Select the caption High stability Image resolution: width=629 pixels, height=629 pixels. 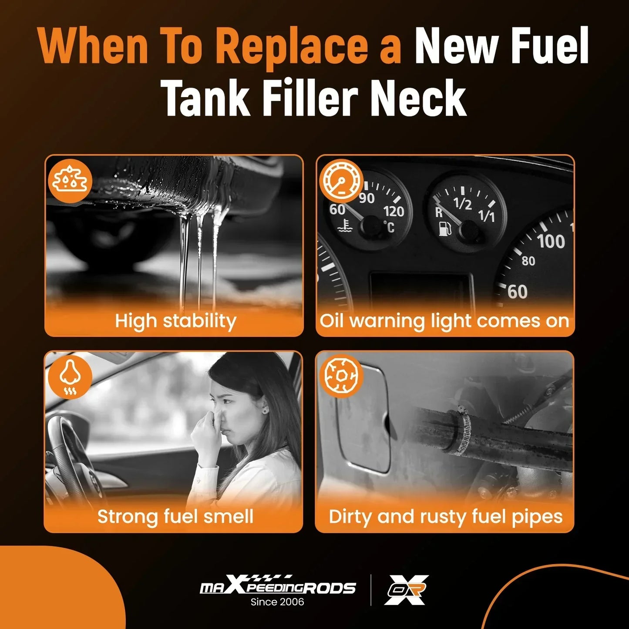tap(175, 321)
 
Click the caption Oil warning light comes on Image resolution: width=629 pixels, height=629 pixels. tap(444, 321)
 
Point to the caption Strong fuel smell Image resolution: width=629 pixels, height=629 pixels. tap(175, 517)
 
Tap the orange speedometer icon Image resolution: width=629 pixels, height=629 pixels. tap(341, 182)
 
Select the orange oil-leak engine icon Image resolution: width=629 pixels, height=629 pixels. tap(70, 181)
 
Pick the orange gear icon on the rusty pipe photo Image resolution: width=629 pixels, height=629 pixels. tap(341, 376)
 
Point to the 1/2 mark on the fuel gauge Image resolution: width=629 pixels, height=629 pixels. tap(463, 203)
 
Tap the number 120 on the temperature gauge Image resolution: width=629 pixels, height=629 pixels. tap(394, 212)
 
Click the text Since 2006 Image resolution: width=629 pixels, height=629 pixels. tap(277, 602)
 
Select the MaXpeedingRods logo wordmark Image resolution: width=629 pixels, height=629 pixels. tap(278, 586)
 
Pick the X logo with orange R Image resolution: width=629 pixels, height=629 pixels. tap(407, 590)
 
